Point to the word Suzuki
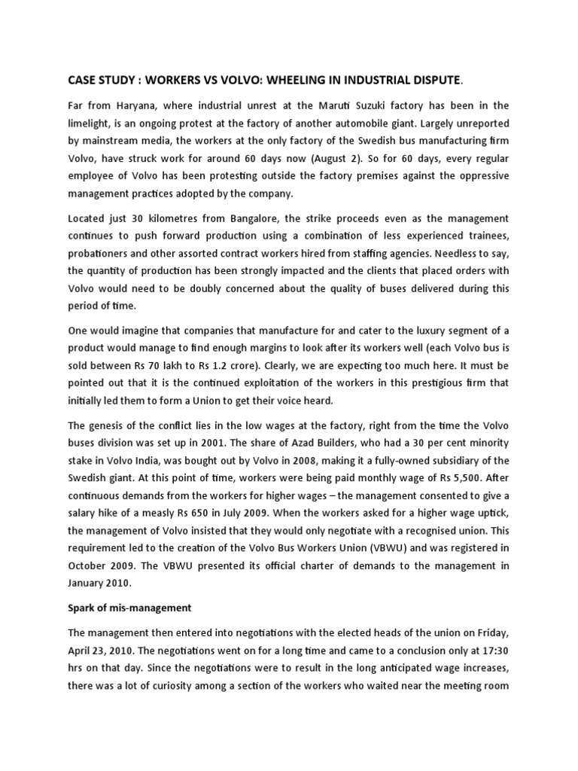[x=370, y=105]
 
